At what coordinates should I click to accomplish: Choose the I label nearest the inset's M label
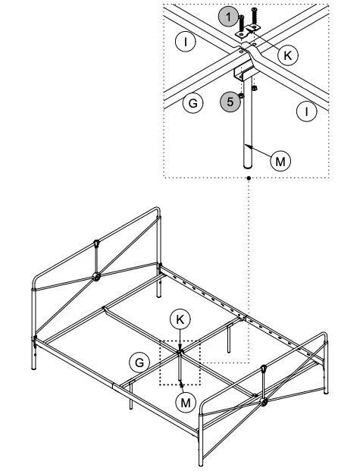(306, 112)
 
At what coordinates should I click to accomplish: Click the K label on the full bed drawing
(179, 319)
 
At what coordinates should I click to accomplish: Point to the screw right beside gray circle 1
(240, 23)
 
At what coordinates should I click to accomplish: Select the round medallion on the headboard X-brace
(97, 276)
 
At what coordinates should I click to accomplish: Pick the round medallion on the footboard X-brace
(264, 400)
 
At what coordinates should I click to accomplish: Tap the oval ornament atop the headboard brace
(97, 243)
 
